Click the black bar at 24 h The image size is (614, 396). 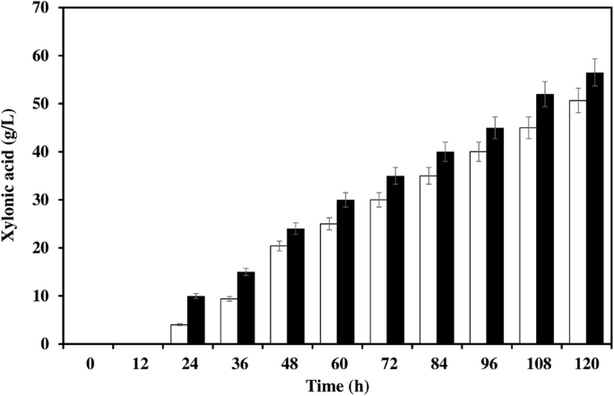point(196,320)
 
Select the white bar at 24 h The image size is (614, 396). point(179,334)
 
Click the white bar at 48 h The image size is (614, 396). point(279,295)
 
